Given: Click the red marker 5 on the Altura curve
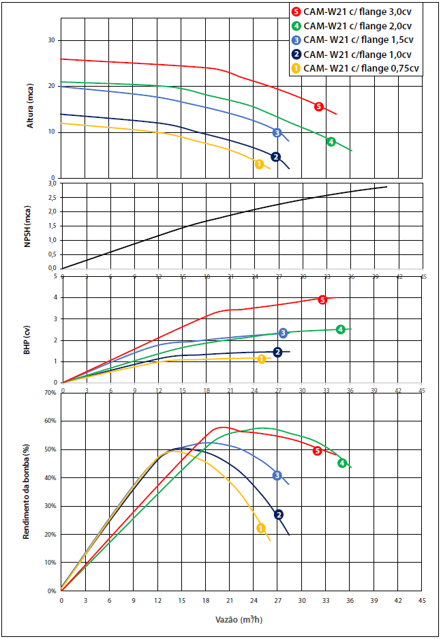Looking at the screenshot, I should point(318,106).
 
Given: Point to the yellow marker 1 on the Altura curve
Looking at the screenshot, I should point(259,164).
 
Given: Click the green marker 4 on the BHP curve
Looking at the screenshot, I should point(340,329).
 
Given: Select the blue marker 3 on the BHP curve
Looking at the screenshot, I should point(283,333).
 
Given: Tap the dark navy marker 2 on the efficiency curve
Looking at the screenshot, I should point(278,515).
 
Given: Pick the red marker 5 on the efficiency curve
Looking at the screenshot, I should point(317,451).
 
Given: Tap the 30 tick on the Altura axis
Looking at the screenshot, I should point(50,40).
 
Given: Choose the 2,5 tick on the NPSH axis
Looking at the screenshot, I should point(50,197).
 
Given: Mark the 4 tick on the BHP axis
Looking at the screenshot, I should point(55,297).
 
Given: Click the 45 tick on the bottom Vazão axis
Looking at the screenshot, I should point(422,600).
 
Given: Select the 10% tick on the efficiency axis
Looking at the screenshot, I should point(50,563).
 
